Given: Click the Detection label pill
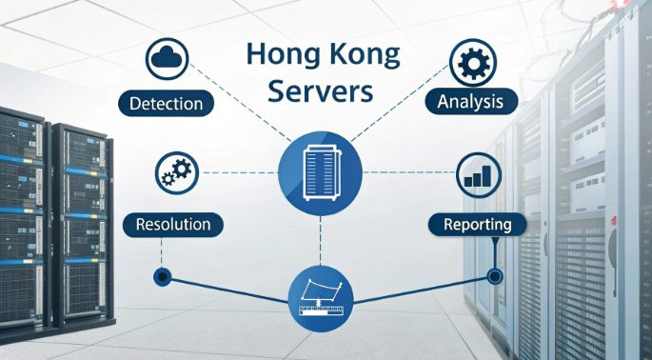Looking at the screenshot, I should [x=168, y=102].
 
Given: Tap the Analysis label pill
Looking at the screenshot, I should [x=477, y=100].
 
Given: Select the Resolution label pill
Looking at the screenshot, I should [x=174, y=226].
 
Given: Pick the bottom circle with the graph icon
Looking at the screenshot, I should [x=319, y=298].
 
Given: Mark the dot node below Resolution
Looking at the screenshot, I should [x=162, y=278].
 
